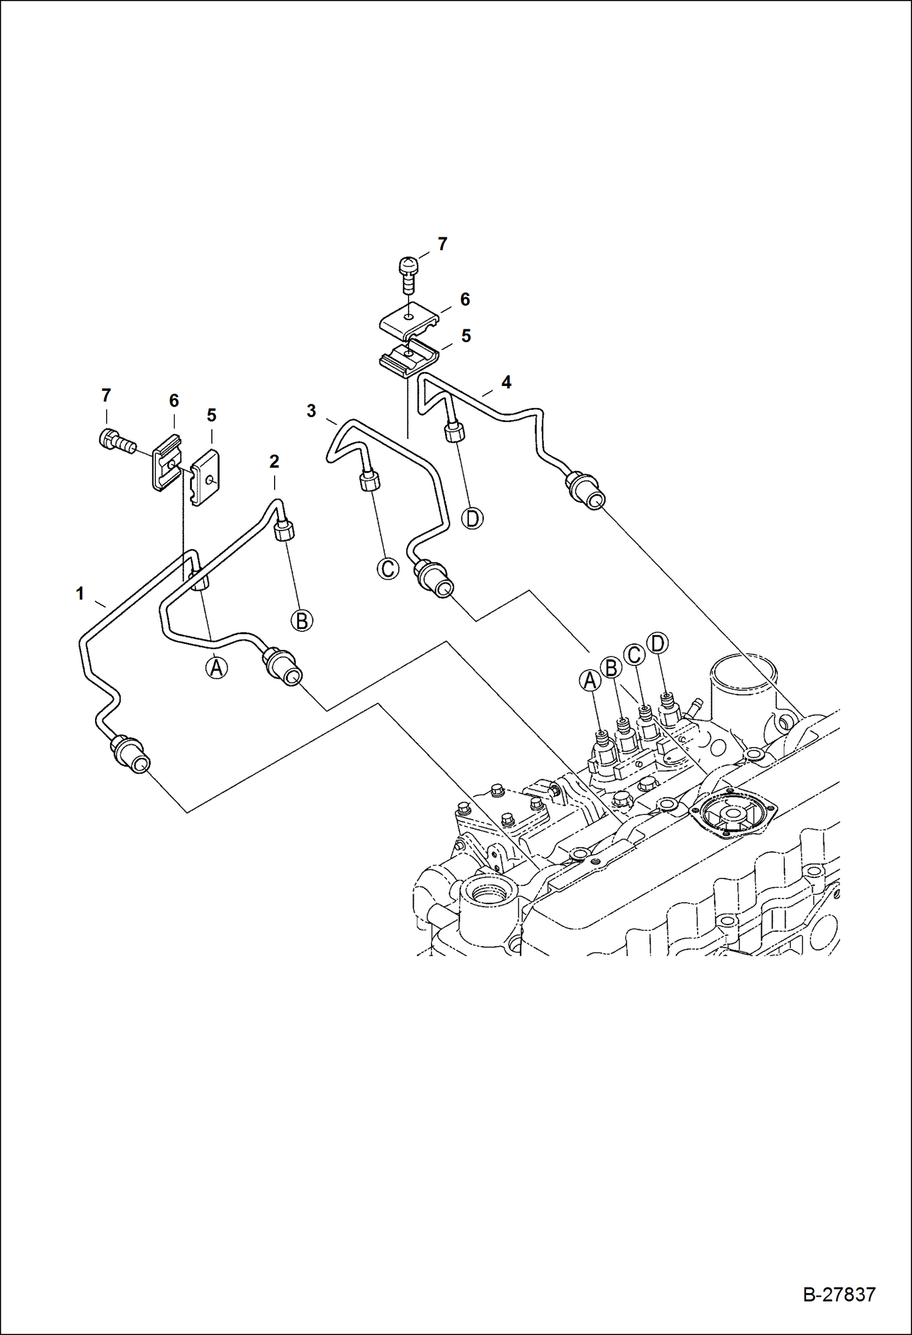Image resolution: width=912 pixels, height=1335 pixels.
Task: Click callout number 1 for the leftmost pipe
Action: pyautogui.click(x=80, y=594)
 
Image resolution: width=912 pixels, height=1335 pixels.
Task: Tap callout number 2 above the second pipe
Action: pyautogui.click(x=274, y=461)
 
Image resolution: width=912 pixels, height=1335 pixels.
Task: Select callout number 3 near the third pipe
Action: pyautogui.click(x=311, y=412)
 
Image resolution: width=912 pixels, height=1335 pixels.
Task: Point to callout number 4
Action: pyautogui.click(x=506, y=382)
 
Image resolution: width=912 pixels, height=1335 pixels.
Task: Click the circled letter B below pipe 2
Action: pyautogui.click(x=301, y=621)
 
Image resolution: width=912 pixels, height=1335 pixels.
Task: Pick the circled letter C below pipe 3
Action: pyautogui.click(x=387, y=569)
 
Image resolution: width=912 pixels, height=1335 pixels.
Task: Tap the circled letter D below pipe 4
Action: pyautogui.click(x=472, y=518)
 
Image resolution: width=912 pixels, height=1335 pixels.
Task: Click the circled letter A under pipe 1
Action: pyautogui.click(x=216, y=668)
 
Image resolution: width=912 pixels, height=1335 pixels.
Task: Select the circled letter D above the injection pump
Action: pyautogui.click(x=658, y=643)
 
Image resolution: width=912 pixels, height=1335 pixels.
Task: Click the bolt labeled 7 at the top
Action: pyautogui.click(x=408, y=273)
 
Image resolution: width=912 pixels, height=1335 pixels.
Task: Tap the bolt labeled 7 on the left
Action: pyautogui.click(x=116, y=441)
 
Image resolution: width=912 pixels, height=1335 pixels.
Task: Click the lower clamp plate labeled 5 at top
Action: pyautogui.click(x=408, y=359)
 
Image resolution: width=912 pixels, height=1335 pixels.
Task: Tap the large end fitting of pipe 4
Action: pyautogui.click(x=586, y=490)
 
